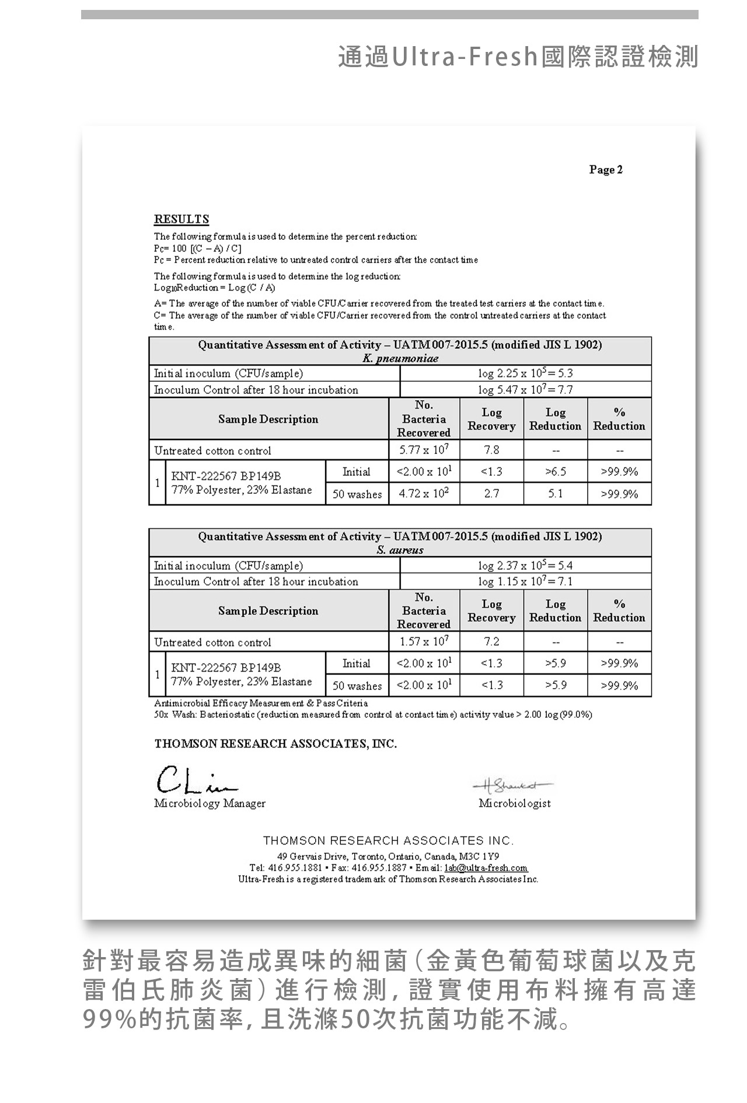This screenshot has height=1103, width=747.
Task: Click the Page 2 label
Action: click(606, 170)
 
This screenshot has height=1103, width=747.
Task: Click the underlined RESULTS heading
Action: click(181, 219)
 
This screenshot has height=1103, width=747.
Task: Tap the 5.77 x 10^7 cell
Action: click(424, 450)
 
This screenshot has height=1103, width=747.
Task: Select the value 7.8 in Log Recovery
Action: click(491, 450)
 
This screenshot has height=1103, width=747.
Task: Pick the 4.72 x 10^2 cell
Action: click(424, 494)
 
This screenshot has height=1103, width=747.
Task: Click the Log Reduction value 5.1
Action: click(555, 494)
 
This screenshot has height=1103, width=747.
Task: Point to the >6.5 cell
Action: click(555, 472)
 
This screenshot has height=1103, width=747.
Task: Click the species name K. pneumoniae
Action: click(400, 358)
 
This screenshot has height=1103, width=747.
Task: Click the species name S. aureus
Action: click(400, 550)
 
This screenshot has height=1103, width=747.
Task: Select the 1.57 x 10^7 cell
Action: click(424, 641)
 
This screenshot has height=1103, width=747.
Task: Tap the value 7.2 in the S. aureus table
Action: click(491, 641)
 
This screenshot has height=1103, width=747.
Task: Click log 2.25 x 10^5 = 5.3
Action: click(525, 373)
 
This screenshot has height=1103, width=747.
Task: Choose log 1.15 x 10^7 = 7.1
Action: click(525, 581)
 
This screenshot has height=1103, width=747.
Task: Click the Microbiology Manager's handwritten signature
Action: click(196, 779)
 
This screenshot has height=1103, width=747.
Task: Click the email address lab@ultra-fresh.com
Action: click(486, 868)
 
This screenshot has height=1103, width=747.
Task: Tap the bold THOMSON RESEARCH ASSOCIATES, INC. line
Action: click(275, 744)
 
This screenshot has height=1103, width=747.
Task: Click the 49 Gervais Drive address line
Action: click(388, 856)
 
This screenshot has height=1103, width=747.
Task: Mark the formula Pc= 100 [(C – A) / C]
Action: click(198, 249)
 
